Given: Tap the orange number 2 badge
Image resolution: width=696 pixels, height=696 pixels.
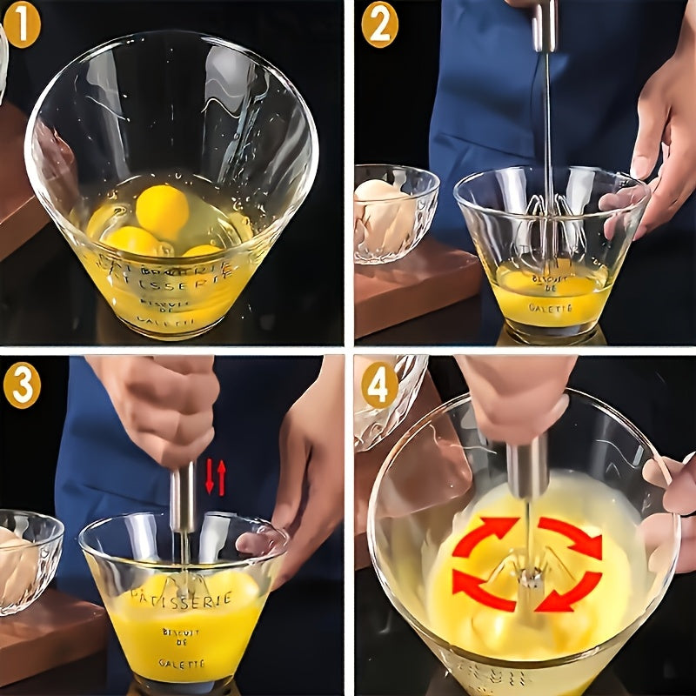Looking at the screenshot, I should click(379, 25).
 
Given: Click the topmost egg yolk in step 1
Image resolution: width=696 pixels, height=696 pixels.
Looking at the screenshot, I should click(162, 211).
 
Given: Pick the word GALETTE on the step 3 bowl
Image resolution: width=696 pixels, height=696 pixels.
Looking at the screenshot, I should click(182, 663).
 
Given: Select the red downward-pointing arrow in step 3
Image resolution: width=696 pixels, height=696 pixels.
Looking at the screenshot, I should click(210, 478).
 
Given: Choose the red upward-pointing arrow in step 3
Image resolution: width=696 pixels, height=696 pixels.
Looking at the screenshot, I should click(222, 478).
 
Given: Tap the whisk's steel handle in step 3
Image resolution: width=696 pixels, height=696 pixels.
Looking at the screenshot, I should click(183, 498).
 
